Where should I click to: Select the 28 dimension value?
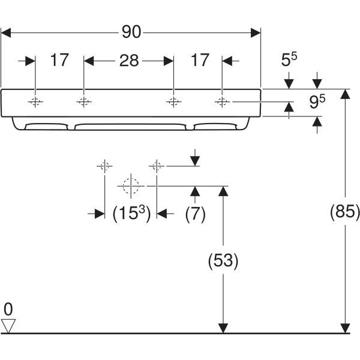(x=129, y=60)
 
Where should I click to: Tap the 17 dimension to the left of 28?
(x=59, y=60)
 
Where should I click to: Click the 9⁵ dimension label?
(x=317, y=103)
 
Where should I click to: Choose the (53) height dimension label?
(x=223, y=260)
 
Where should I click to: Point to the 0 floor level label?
(x=8, y=310)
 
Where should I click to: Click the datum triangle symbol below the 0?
(x=8, y=326)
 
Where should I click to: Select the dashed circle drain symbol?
(x=130, y=186)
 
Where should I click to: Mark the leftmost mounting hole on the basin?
(x=35, y=102)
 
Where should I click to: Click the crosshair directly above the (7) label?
(x=157, y=165)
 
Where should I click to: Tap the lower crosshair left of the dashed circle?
(x=104, y=165)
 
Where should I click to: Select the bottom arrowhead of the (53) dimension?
(x=223, y=328)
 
